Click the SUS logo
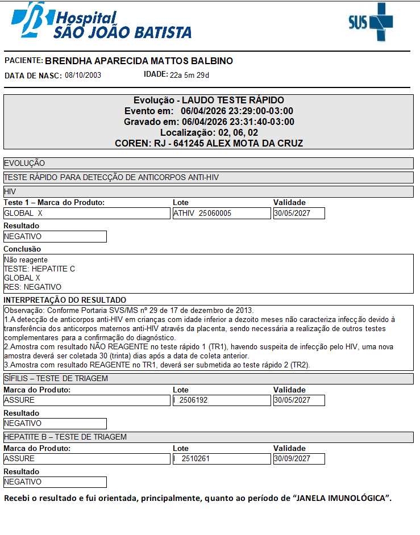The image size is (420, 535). [371, 22]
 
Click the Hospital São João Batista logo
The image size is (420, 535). [101, 22]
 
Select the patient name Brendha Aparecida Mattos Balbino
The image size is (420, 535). [139, 61]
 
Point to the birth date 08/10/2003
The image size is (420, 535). [83, 76]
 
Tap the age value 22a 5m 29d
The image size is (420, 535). [190, 75]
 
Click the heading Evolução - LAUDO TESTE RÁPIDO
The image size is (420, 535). [209, 101]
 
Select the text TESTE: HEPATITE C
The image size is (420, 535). [39, 269]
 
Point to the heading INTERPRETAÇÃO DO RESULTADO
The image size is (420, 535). [65, 300]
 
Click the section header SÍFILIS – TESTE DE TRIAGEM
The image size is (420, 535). [56, 379]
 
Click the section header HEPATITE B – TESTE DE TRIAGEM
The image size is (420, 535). [65, 437]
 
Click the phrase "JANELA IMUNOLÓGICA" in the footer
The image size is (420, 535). [341, 499]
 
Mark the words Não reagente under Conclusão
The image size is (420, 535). [26, 260]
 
